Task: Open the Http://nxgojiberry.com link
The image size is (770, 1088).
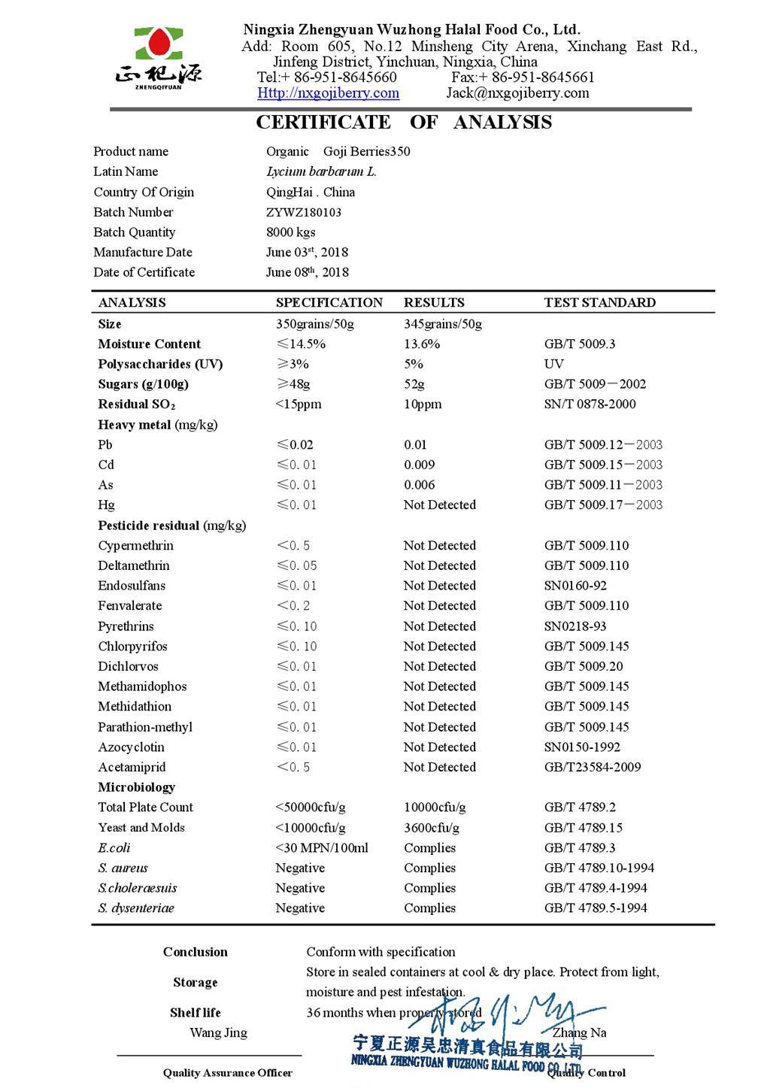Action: tap(328, 93)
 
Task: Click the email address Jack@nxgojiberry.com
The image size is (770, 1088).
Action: tap(517, 93)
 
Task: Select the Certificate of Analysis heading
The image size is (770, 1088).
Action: tap(404, 123)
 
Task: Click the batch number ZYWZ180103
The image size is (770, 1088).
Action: tap(304, 212)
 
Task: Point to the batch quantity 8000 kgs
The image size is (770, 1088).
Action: tap(291, 232)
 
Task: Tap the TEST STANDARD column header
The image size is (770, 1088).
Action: tap(599, 303)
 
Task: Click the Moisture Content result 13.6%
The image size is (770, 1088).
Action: tap(422, 344)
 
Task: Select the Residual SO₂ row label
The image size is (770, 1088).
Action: tap(136, 405)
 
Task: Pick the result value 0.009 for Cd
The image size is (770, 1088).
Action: tap(419, 465)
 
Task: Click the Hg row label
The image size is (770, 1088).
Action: tap(106, 505)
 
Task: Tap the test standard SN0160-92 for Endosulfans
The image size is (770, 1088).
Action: tap(575, 586)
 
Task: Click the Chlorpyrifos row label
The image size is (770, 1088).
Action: tap(132, 646)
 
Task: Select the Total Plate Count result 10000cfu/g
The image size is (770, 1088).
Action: tap(435, 808)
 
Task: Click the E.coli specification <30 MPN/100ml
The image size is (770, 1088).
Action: tap(322, 848)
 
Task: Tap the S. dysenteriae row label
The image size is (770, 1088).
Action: tap(135, 908)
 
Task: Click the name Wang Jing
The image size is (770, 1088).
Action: tap(218, 1033)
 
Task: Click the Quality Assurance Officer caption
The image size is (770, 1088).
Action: tap(227, 1073)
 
